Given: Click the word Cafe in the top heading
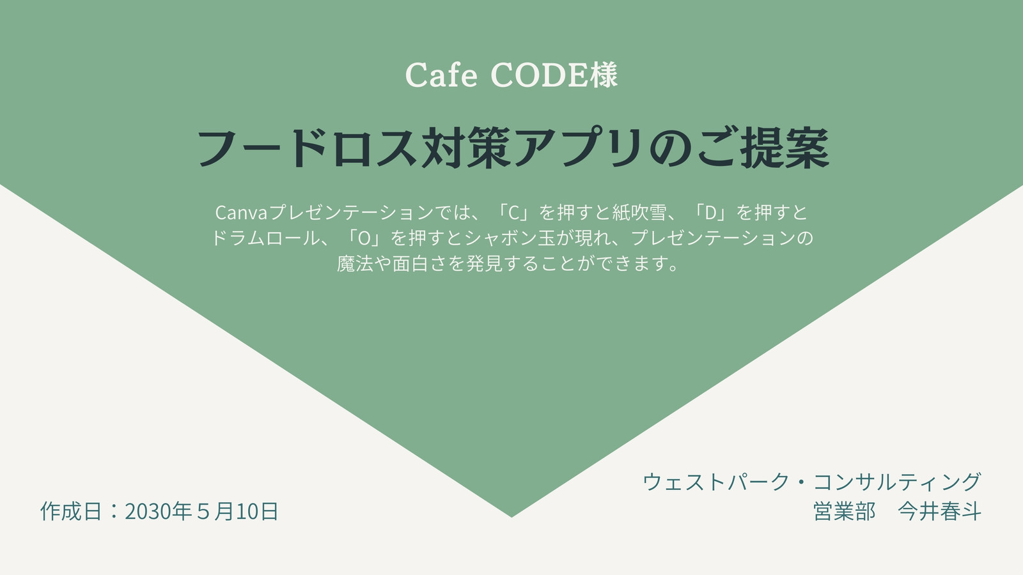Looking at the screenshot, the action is pos(441,75).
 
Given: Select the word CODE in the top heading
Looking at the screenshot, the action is pos(540,75).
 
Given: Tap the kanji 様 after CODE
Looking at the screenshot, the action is pos(604,75).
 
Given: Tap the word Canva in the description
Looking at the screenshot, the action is pos(241,213).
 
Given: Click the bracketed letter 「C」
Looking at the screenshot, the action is pos(515,213).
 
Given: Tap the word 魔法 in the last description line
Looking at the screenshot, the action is pos(355,264).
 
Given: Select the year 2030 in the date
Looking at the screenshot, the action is pos(147,511).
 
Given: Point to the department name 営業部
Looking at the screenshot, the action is pos(845,511).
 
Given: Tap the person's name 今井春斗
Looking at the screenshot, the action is pos(940,511).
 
